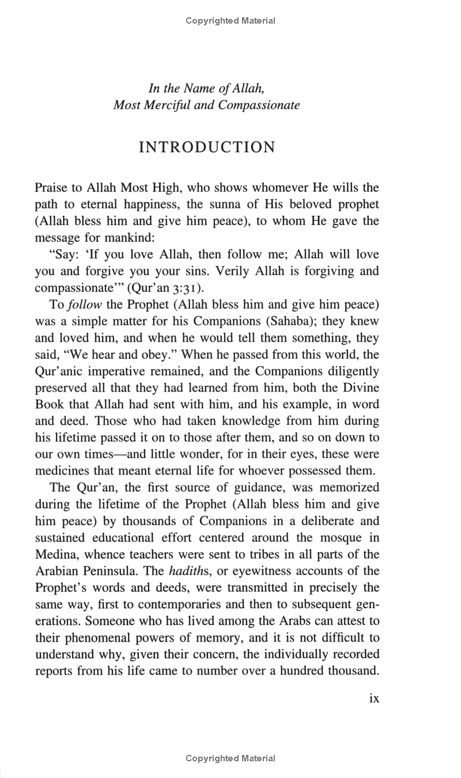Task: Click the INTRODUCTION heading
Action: click(207, 147)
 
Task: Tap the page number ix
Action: click(373, 698)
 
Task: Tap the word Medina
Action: click(55, 555)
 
